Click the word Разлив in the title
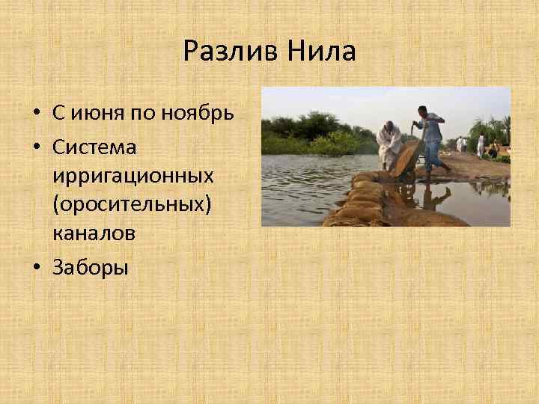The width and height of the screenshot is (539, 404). (222, 52)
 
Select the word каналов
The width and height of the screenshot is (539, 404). (94, 233)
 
